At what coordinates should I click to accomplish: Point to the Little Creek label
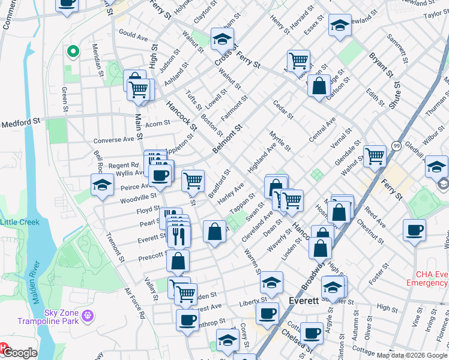tap(20, 222)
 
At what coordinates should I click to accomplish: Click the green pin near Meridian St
tap(73, 52)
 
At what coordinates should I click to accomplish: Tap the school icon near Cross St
tap(223, 40)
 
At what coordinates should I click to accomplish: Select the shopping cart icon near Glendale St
tap(375, 156)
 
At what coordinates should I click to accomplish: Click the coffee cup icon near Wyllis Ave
tap(160, 175)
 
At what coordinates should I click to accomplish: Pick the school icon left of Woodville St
tap(103, 185)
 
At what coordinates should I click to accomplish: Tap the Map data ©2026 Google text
tap(412, 355)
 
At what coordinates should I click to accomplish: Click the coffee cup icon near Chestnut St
tap(414, 230)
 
